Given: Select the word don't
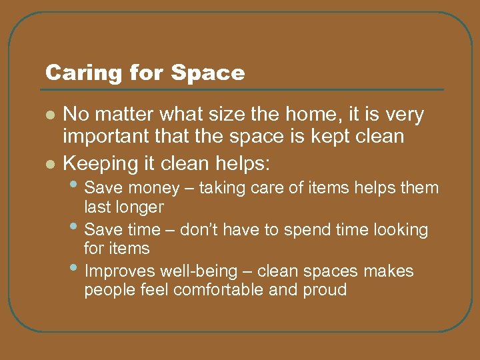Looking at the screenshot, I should (213, 230).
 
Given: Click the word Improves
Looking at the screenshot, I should (117, 271).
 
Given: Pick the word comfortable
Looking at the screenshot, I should (221, 290).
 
